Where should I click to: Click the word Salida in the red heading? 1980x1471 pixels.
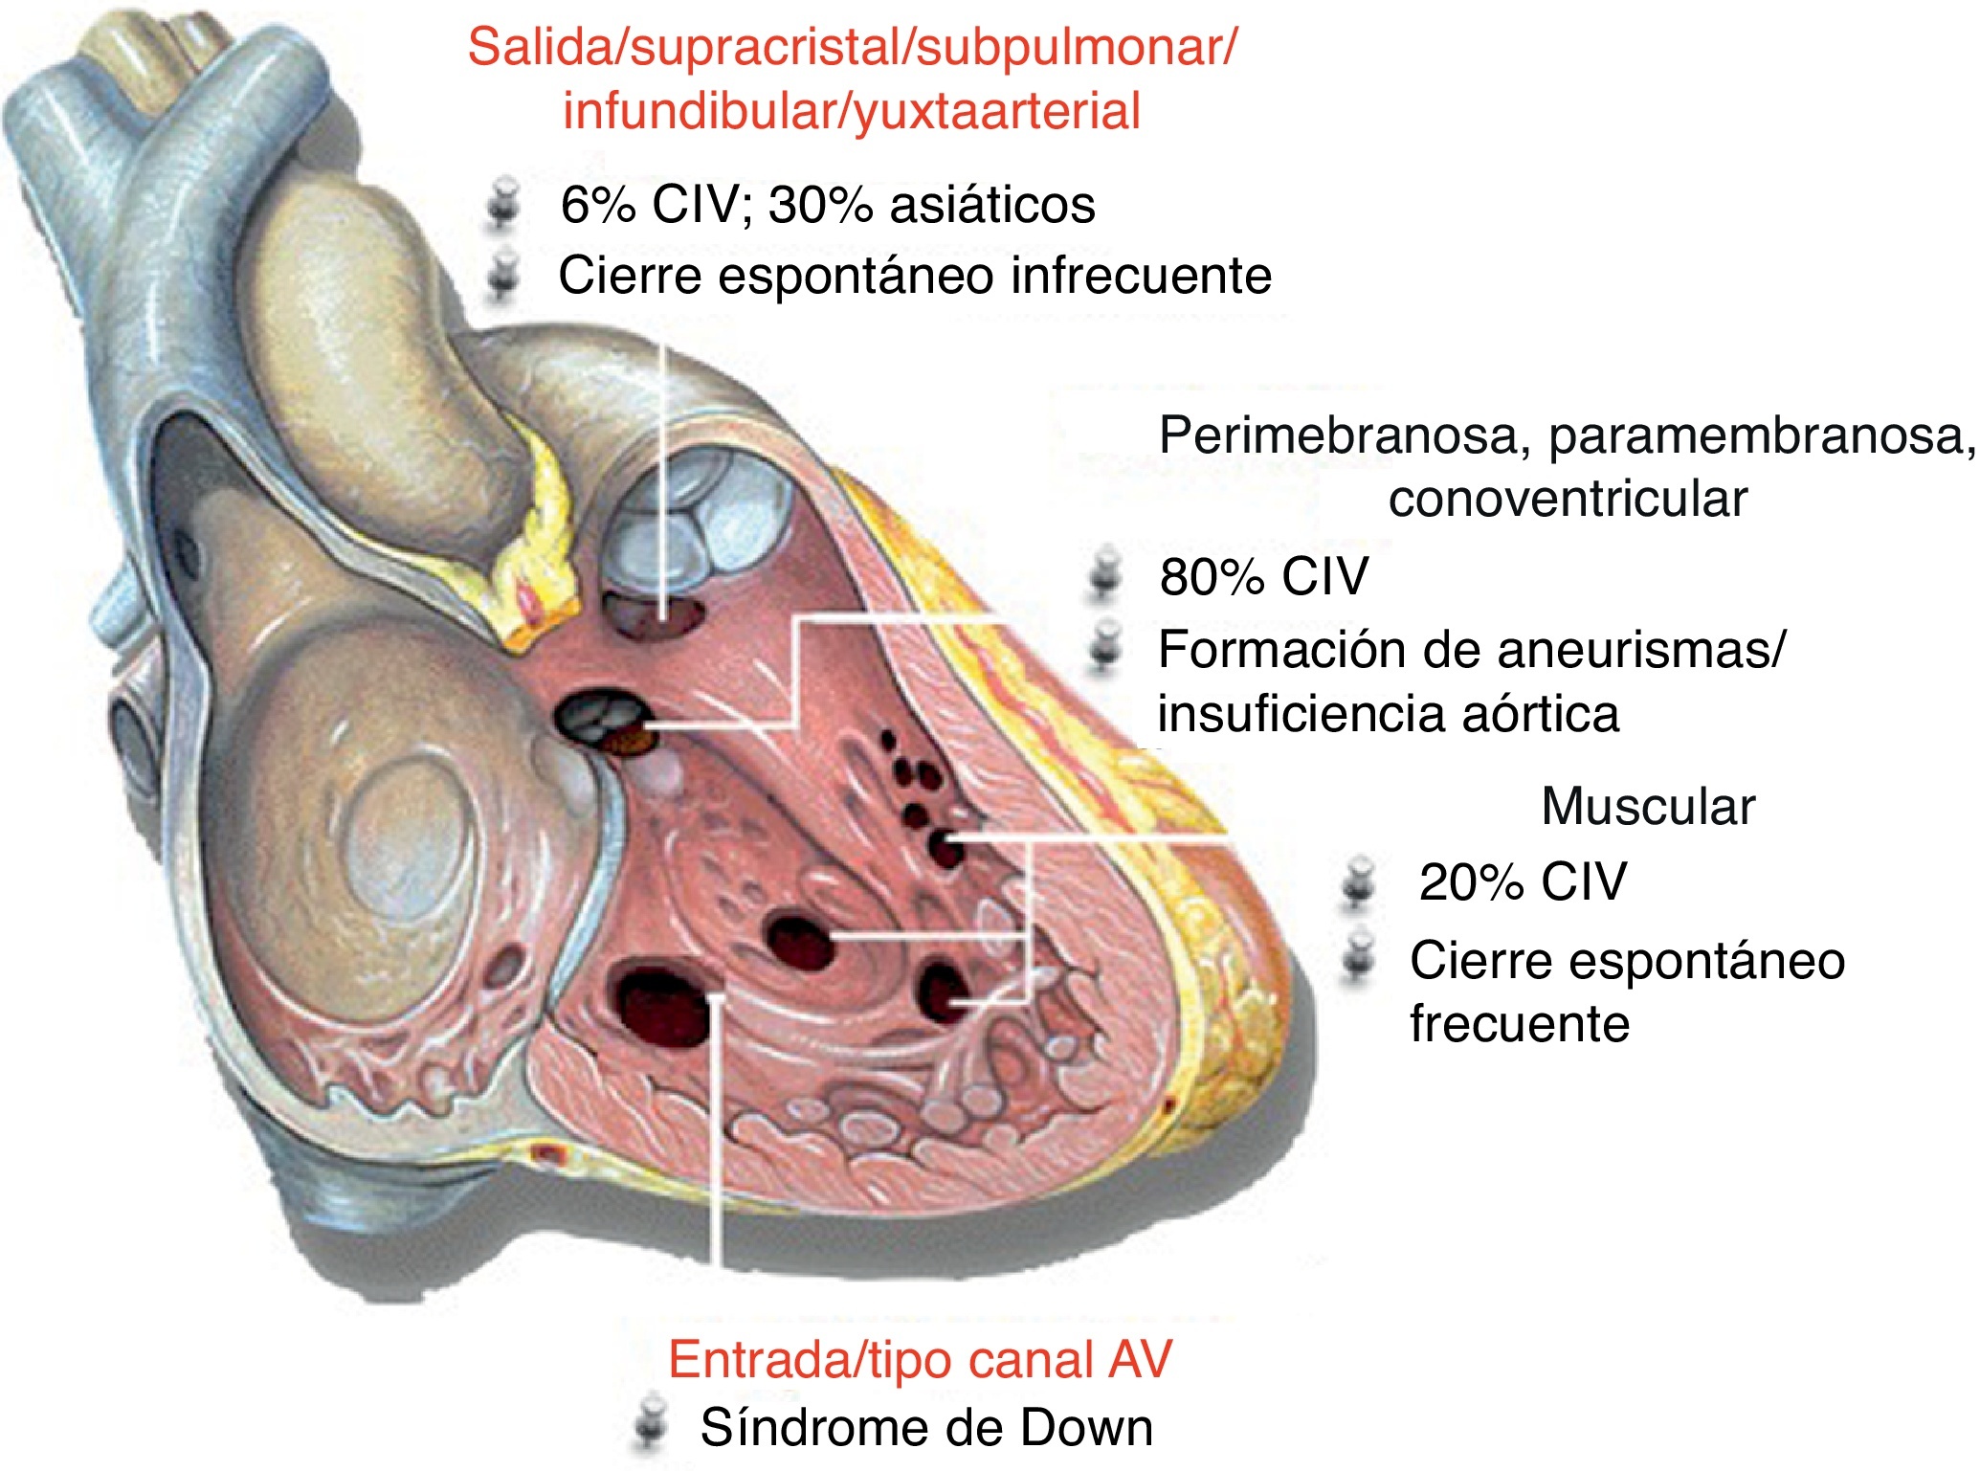point(542,48)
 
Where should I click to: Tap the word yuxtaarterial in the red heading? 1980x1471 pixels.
point(997,112)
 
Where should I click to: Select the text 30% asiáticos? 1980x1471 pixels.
point(931,205)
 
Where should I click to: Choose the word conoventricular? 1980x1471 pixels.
point(1568,500)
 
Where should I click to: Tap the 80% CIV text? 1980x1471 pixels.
point(1263,577)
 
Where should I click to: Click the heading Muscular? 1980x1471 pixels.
point(1648,807)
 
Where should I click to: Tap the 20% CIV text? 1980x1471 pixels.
point(1522,882)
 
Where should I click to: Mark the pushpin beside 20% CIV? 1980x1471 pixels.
point(1358,881)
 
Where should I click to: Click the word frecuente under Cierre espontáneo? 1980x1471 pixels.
point(1519,1024)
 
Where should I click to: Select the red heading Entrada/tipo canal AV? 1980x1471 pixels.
point(920,1360)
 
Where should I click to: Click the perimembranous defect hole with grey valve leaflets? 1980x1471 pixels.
point(603,719)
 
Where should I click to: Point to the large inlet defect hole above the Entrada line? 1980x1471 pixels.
point(662,1005)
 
